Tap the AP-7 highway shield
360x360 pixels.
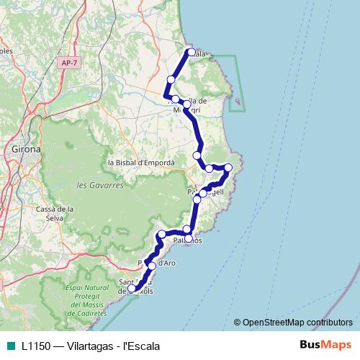pos(69,63)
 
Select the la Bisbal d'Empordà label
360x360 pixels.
pos(141,163)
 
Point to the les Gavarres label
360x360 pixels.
pos(100,185)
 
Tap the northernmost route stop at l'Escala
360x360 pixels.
pos(192,52)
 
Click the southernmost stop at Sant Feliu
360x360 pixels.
pos(132,289)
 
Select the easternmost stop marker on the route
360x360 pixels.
pos(228,168)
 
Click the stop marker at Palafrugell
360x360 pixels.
pos(203,193)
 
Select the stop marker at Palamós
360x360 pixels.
pos(188,238)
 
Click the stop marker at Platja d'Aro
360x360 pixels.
pos(152,266)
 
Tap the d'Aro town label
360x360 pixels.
pos(166,263)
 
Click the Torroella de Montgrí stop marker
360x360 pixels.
pos(187,104)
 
